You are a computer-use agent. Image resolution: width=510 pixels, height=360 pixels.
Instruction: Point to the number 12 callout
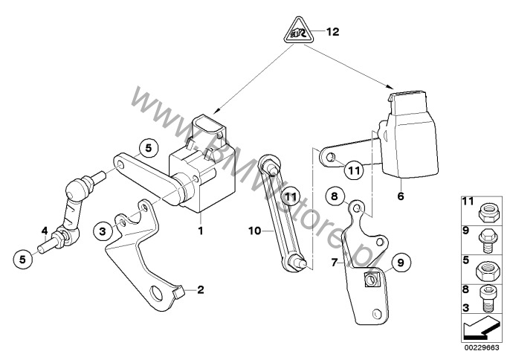coord(332,32)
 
